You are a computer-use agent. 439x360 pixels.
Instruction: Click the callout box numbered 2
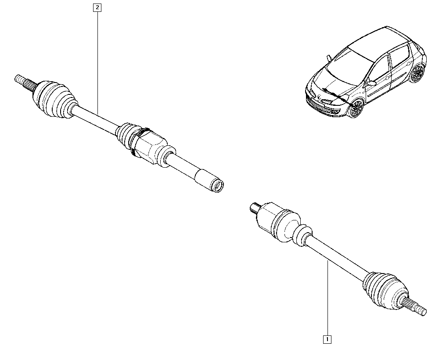point(97,7)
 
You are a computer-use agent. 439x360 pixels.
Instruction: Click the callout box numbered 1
point(327,339)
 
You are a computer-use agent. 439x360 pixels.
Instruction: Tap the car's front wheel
point(356,108)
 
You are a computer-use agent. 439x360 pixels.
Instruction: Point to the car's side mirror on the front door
point(372,83)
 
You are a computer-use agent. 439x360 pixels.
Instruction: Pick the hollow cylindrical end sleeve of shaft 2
point(209,180)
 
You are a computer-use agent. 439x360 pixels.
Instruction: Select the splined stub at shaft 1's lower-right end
point(414,305)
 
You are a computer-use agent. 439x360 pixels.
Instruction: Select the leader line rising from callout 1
point(327,298)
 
